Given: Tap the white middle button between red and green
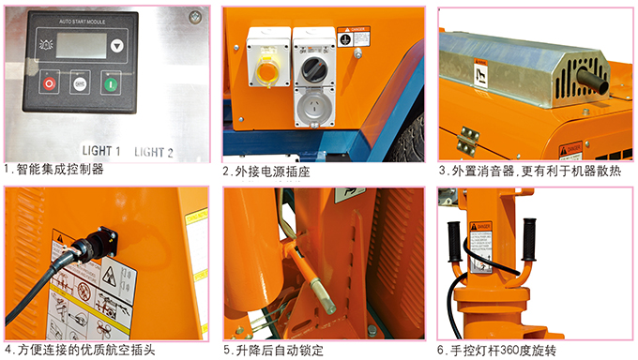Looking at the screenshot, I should coord(80,82).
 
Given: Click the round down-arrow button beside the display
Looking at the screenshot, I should coord(115,44).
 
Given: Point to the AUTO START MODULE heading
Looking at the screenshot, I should coord(79,19).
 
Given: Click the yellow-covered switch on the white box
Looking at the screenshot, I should coord(267,69).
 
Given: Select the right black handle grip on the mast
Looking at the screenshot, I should coord(531,240).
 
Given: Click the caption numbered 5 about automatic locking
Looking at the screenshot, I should coord(274,351).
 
